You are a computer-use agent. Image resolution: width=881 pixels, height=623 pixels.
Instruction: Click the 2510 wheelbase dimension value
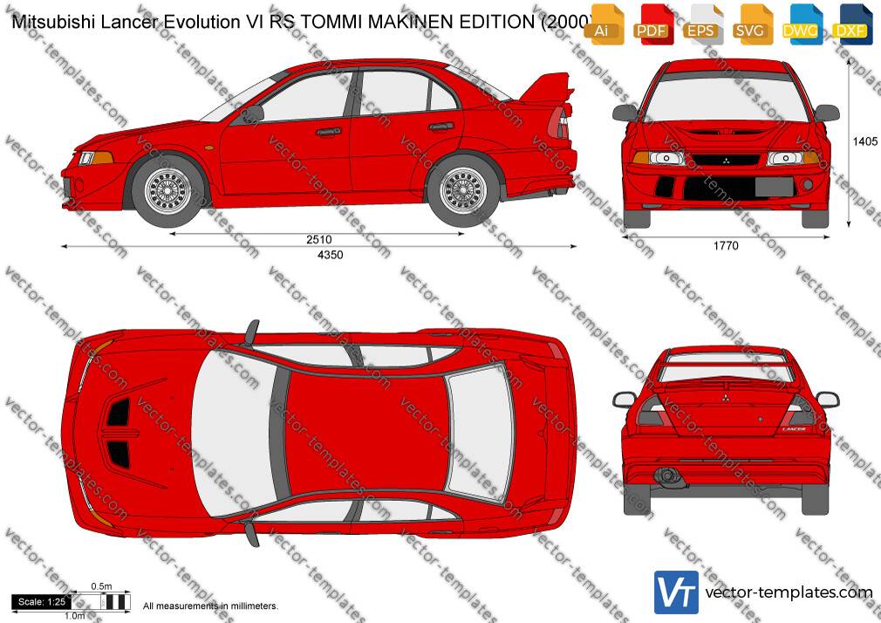click(x=319, y=240)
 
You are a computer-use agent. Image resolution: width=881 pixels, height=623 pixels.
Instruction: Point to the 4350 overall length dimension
click(x=331, y=255)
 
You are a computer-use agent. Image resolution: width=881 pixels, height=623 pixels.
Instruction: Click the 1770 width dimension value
click(x=726, y=246)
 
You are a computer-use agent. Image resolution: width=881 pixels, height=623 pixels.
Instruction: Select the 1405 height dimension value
click(x=865, y=141)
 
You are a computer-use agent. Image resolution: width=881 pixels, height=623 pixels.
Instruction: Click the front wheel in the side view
click(x=167, y=191)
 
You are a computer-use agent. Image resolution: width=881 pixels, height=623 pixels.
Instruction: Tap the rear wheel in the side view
click(x=463, y=191)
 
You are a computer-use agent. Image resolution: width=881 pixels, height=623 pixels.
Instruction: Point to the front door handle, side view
click(x=328, y=132)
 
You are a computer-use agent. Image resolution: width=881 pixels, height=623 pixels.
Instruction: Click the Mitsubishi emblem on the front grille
click(x=726, y=161)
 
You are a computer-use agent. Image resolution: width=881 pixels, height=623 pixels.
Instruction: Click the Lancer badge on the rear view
click(x=794, y=429)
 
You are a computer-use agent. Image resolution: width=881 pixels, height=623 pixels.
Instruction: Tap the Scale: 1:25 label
click(x=42, y=602)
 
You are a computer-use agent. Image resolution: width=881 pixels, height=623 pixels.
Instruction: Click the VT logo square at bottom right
click(x=677, y=592)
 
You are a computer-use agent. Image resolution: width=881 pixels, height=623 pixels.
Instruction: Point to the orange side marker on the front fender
click(x=209, y=147)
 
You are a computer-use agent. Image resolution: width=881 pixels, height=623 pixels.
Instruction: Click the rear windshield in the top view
click(x=481, y=432)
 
